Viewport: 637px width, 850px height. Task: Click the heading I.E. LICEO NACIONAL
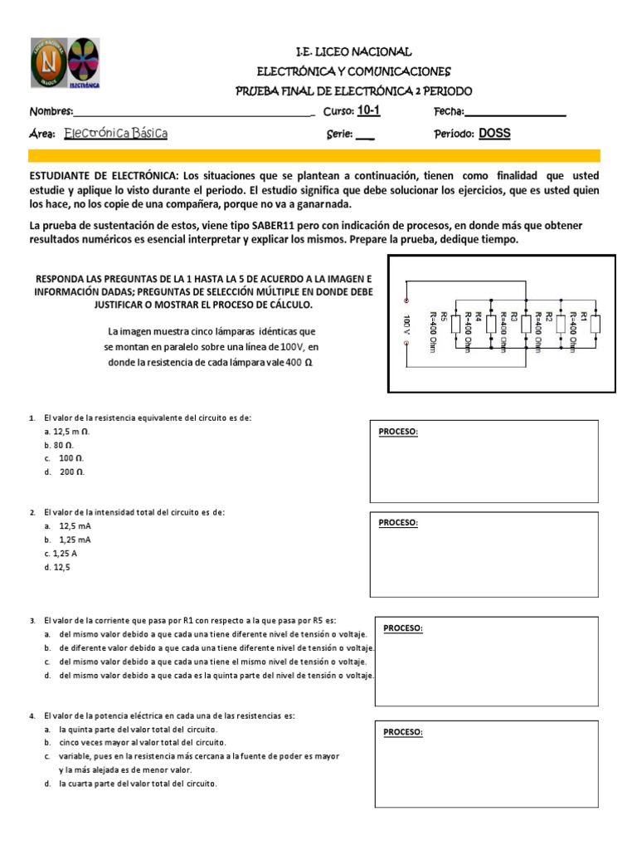coord(353,52)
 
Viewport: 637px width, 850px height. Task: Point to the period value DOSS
coord(495,134)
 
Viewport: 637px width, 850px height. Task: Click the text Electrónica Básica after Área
coord(115,134)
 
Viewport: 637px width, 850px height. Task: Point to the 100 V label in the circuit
coord(407,325)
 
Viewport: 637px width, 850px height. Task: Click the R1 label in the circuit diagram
coord(584,316)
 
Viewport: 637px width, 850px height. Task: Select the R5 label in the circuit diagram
coord(444,316)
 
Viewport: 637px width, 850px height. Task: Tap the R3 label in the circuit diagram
coord(514,316)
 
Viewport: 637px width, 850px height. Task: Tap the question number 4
coord(32,716)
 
